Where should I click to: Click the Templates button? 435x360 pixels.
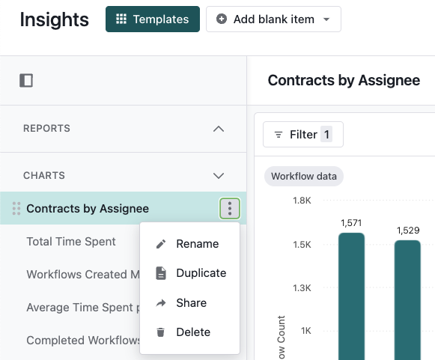click(153, 19)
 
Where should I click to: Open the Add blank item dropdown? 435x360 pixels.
click(273, 19)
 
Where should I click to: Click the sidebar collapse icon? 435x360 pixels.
click(26, 80)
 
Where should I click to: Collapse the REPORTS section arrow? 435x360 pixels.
click(219, 129)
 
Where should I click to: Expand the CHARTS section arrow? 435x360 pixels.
click(219, 176)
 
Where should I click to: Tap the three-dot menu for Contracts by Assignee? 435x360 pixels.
click(230, 208)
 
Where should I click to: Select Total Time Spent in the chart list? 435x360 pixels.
click(71, 241)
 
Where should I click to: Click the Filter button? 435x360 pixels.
click(303, 135)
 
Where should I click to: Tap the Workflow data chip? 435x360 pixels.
click(304, 176)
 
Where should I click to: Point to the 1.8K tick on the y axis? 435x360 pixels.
click(302, 201)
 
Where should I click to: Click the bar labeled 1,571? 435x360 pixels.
click(351, 296)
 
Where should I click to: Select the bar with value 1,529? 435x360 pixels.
click(407, 300)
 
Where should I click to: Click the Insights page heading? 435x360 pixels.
click(55, 19)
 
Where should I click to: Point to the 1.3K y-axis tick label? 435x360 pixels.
click(302, 288)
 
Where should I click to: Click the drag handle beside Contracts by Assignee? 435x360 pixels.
click(16, 209)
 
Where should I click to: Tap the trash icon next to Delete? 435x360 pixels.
click(161, 332)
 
